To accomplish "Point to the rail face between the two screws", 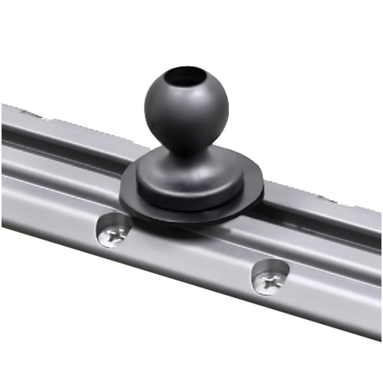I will point(191,257).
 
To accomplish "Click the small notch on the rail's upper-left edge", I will point(31,113).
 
